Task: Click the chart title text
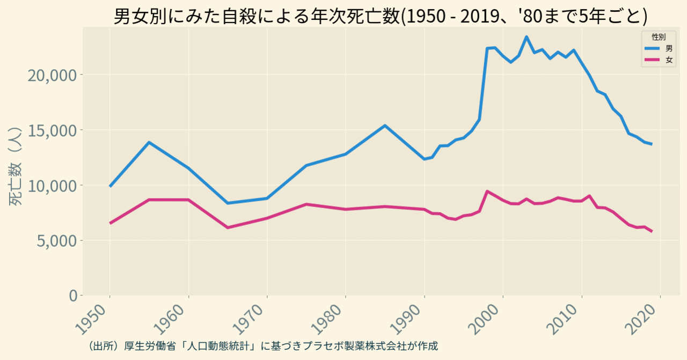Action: coord(381,16)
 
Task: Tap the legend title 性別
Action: coord(659,37)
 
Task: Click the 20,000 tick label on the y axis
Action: coord(54,75)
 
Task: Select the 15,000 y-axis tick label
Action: coord(54,130)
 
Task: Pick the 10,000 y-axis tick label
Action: coord(54,185)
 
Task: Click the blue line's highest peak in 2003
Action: coord(527,37)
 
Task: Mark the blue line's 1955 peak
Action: coord(149,142)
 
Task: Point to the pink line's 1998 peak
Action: coord(487,191)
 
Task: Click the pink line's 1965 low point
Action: coord(228,227)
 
